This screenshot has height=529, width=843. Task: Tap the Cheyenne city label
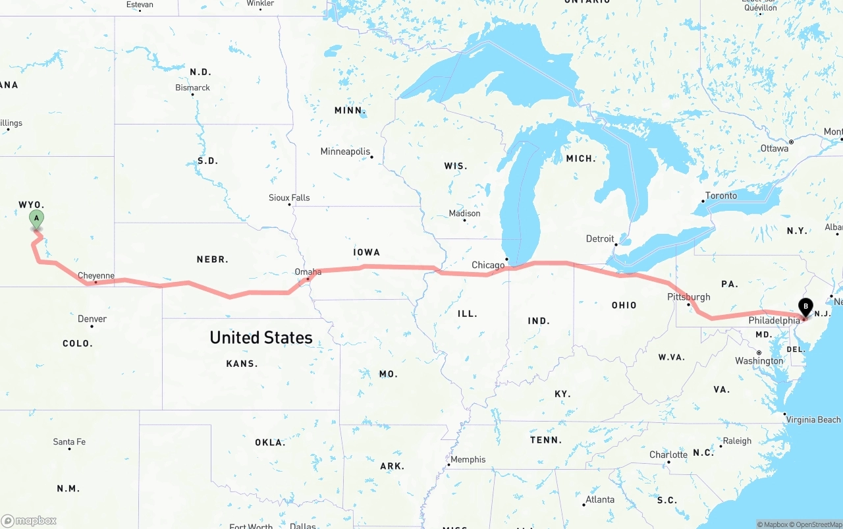pos(96,276)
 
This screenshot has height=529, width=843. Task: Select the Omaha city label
pos(308,271)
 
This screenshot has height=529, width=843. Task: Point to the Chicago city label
pos(488,265)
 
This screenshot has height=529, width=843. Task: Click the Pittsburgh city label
pos(689,297)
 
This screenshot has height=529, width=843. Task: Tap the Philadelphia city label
pos(774,321)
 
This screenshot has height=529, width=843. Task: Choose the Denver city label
pos(92,319)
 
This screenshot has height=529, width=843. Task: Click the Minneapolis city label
pos(345,152)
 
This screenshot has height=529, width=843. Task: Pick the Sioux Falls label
pos(289,198)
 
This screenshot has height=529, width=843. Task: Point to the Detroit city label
pos(600,238)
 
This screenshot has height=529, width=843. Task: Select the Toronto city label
pos(721,196)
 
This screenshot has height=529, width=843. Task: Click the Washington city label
pos(759,361)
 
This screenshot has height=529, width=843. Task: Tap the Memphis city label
pos(468,459)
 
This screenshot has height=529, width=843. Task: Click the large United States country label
pos(261,337)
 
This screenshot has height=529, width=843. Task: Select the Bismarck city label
pos(192,88)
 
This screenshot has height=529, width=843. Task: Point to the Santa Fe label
pos(69,441)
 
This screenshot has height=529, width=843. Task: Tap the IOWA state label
pos(367,252)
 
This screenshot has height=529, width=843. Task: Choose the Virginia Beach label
pos(813,420)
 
